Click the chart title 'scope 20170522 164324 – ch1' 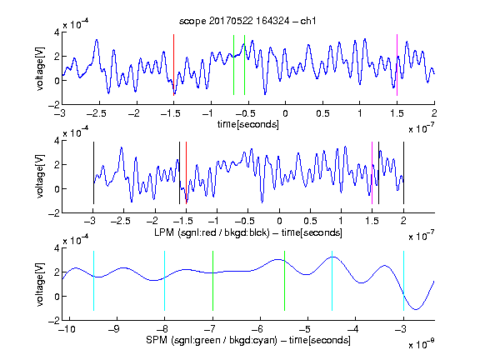click(247, 21)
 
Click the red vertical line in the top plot click(173, 65)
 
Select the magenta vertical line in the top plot click(397, 65)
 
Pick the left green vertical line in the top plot click(233, 65)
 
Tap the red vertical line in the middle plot click(186, 173)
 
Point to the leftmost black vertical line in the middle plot click(93, 173)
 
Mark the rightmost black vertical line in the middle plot click(403, 173)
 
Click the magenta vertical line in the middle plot click(372, 173)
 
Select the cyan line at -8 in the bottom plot click(165, 281)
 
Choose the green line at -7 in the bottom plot click(212, 281)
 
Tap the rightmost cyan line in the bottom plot click(403, 281)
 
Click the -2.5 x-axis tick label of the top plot click(96, 113)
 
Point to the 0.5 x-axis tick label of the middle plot click(310, 222)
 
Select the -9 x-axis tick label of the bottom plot click(114, 329)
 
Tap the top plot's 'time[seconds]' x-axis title click(248, 124)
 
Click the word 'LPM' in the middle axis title click(164, 232)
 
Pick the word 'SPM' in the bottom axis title click(157, 340)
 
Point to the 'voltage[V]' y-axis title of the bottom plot click(40, 285)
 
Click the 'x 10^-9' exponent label click(422, 344)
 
